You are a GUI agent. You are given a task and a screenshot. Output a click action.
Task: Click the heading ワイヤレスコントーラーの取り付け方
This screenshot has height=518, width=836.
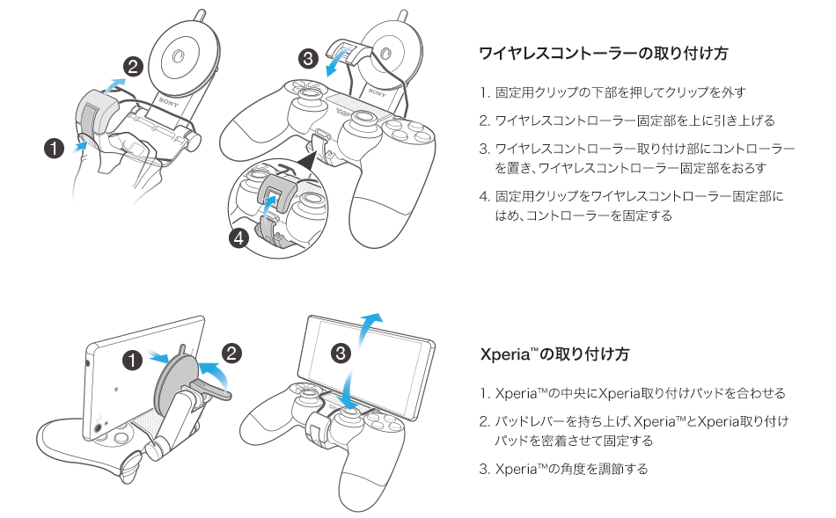pos(604,54)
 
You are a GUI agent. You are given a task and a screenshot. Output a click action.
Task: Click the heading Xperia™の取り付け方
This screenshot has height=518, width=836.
pos(554,354)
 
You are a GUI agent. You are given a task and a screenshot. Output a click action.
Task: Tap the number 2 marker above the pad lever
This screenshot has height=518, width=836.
pos(231,353)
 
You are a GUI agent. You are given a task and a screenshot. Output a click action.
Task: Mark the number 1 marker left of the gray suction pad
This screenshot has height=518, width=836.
pos(133,359)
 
